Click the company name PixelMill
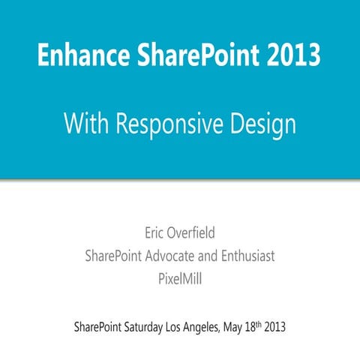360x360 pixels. tap(180, 281)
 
